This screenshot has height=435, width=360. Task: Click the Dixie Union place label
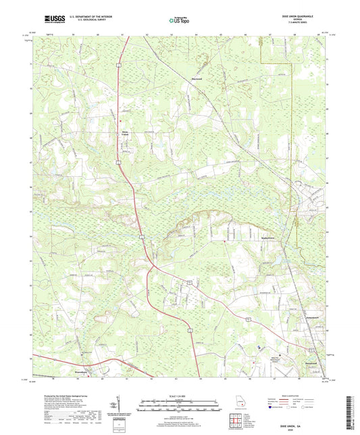pos(124,133)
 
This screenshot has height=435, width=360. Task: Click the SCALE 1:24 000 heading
pos(179,386)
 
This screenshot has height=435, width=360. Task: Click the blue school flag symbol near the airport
pos(260,348)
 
